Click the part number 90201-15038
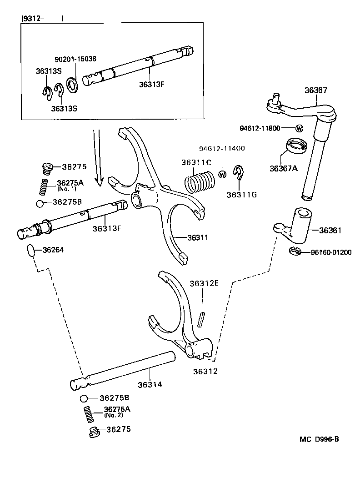(x=75, y=59)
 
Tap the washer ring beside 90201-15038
(x=72, y=84)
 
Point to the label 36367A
(x=283, y=168)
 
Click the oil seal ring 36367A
(x=296, y=146)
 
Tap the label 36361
(x=330, y=231)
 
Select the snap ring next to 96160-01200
(x=294, y=251)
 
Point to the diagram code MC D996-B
(x=319, y=439)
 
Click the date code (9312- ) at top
(x=42, y=18)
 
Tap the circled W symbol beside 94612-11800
(x=299, y=128)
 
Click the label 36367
(x=315, y=91)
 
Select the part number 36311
(x=198, y=237)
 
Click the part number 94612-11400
(x=222, y=149)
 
